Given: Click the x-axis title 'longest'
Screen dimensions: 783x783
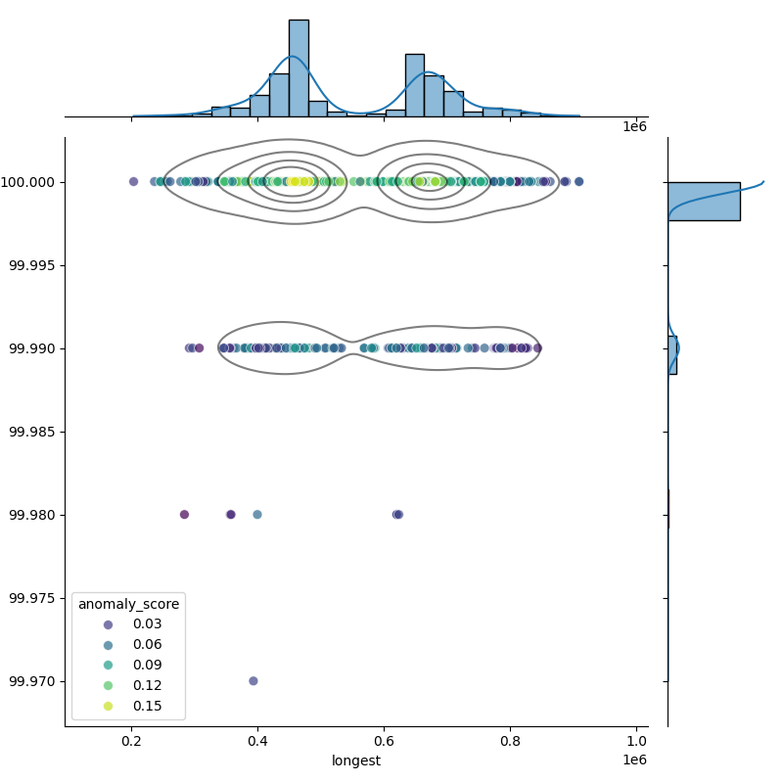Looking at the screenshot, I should pyautogui.click(x=356, y=760).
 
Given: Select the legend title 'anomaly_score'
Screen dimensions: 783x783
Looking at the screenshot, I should pyautogui.click(x=128, y=604).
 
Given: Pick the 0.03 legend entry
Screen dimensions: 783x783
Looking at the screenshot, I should pyautogui.click(x=147, y=624).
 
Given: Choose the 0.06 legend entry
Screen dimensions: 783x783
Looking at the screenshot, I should pyautogui.click(x=147, y=645).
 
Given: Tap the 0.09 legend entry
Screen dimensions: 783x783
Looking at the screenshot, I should pyautogui.click(x=147, y=666).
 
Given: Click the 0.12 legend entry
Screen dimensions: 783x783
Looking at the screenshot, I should pyautogui.click(x=147, y=686).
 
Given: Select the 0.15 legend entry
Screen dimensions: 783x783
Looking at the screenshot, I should pyautogui.click(x=147, y=707).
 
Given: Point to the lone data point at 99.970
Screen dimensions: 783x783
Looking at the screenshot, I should pyautogui.click(x=253, y=681).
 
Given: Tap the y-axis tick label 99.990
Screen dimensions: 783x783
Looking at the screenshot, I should pyautogui.click(x=34, y=348).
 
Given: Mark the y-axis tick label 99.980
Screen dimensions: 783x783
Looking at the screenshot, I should pyautogui.click(x=34, y=515).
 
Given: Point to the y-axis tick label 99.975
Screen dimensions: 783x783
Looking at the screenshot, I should pyautogui.click(x=34, y=598).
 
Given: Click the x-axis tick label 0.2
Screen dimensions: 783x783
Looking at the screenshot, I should pyautogui.click(x=132, y=742).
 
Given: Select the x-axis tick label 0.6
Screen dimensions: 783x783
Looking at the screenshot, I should pyautogui.click(x=384, y=742).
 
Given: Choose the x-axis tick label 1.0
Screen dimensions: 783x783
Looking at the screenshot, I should pyautogui.click(x=636, y=742).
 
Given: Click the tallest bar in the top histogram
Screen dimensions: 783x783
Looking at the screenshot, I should pyautogui.click(x=299, y=69).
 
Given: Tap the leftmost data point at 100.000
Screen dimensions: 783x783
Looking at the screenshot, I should pyautogui.click(x=134, y=181).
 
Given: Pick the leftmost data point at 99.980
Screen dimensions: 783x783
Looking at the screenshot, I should pyautogui.click(x=184, y=515).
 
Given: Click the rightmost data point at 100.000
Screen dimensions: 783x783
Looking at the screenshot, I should pyautogui.click(x=578, y=181).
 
